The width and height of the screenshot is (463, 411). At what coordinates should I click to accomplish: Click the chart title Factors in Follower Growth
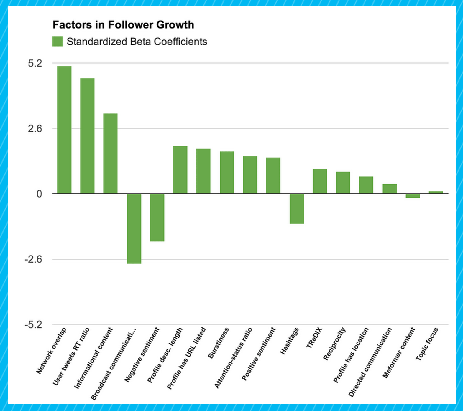(123, 25)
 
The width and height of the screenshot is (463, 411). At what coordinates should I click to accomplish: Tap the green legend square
(58, 42)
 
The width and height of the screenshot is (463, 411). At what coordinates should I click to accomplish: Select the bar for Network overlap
(64, 130)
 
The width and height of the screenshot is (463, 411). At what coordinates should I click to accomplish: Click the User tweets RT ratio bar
(87, 136)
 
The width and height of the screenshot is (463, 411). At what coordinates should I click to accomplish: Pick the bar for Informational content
(110, 153)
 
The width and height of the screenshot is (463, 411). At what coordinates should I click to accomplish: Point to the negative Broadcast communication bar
(134, 228)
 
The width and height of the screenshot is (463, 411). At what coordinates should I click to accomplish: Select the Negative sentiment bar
(157, 217)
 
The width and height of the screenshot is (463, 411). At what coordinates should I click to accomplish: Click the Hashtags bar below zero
(297, 208)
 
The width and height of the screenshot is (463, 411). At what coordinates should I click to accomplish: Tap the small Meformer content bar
(413, 196)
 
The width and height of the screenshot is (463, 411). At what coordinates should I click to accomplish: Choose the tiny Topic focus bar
(436, 192)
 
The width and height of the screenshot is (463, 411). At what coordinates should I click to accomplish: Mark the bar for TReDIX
(320, 181)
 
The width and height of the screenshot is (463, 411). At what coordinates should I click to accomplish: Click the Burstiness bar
(227, 172)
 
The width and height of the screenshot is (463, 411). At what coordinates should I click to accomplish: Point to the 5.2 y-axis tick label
(35, 63)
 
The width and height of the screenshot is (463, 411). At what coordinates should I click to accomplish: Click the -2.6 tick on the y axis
(33, 259)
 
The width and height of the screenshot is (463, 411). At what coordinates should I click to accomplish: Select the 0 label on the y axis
(39, 194)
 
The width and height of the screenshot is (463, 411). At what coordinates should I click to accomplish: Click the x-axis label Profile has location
(351, 355)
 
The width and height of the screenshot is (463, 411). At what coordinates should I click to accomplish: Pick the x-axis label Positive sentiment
(258, 354)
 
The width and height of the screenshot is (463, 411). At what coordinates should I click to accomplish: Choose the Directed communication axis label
(370, 362)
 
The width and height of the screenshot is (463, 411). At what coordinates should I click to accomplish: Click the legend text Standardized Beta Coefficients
(137, 42)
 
